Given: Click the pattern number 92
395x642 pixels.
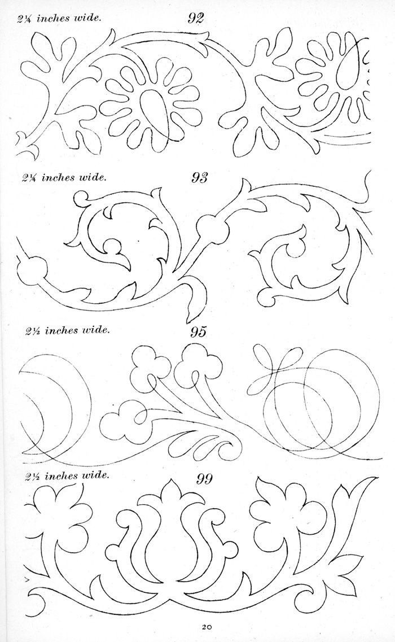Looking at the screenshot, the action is pos(196,18).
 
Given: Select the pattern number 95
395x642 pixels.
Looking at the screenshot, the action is pos(198,331).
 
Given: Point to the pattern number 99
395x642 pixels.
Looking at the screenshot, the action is pos(204,478).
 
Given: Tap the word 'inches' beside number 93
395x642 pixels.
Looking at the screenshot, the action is pos(58,178).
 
